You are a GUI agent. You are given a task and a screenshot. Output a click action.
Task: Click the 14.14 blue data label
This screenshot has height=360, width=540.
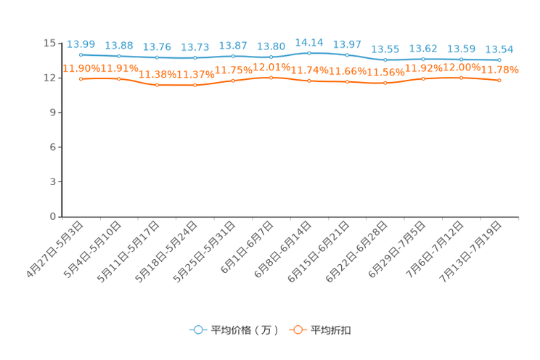click(x=309, y=43)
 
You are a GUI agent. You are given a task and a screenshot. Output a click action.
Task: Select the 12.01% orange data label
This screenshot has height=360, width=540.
click(x=271, y=67)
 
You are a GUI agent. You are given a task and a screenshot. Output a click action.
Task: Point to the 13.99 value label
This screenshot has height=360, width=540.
click(x=81, y=44)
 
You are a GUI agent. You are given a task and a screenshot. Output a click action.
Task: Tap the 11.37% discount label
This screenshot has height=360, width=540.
click(x=195, y=75)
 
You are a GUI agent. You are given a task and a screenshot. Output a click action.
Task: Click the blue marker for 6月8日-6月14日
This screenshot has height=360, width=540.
click(x=309, y=53)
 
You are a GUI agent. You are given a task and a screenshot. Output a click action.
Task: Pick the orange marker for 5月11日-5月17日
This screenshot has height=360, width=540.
click(x=157, y=85)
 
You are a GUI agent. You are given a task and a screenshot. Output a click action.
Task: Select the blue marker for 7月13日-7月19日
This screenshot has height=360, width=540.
click(x=499, y=60)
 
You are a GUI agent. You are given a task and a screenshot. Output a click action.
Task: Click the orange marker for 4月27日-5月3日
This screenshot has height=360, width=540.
click(x=81, y=79)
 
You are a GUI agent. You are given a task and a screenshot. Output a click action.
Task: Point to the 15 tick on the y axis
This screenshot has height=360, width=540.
click(x=49, y=43)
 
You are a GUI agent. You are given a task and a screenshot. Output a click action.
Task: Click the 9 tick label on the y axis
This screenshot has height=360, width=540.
click(x=53, y=112)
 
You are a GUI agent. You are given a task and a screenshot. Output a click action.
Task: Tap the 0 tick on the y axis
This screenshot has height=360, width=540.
click(x=53, y=217)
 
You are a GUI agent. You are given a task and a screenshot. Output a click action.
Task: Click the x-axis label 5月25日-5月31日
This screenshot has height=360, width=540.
click(x=204, y=252)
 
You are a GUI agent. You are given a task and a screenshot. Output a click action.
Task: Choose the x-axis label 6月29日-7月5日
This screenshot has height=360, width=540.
click(x=397, y=250)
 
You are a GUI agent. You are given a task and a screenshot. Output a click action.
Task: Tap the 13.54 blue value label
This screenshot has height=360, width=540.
click(x=499, y=49)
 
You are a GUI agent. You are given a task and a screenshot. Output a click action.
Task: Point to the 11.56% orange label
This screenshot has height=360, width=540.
click(x=385, y=73)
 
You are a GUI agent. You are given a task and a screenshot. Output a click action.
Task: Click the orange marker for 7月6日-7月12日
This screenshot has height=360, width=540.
click(x=462, y=78)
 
